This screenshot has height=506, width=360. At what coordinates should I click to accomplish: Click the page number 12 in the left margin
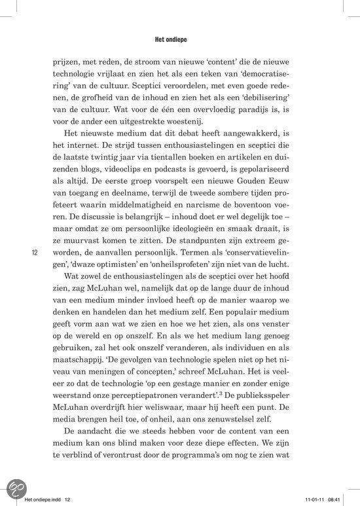[x=34, y=253]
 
